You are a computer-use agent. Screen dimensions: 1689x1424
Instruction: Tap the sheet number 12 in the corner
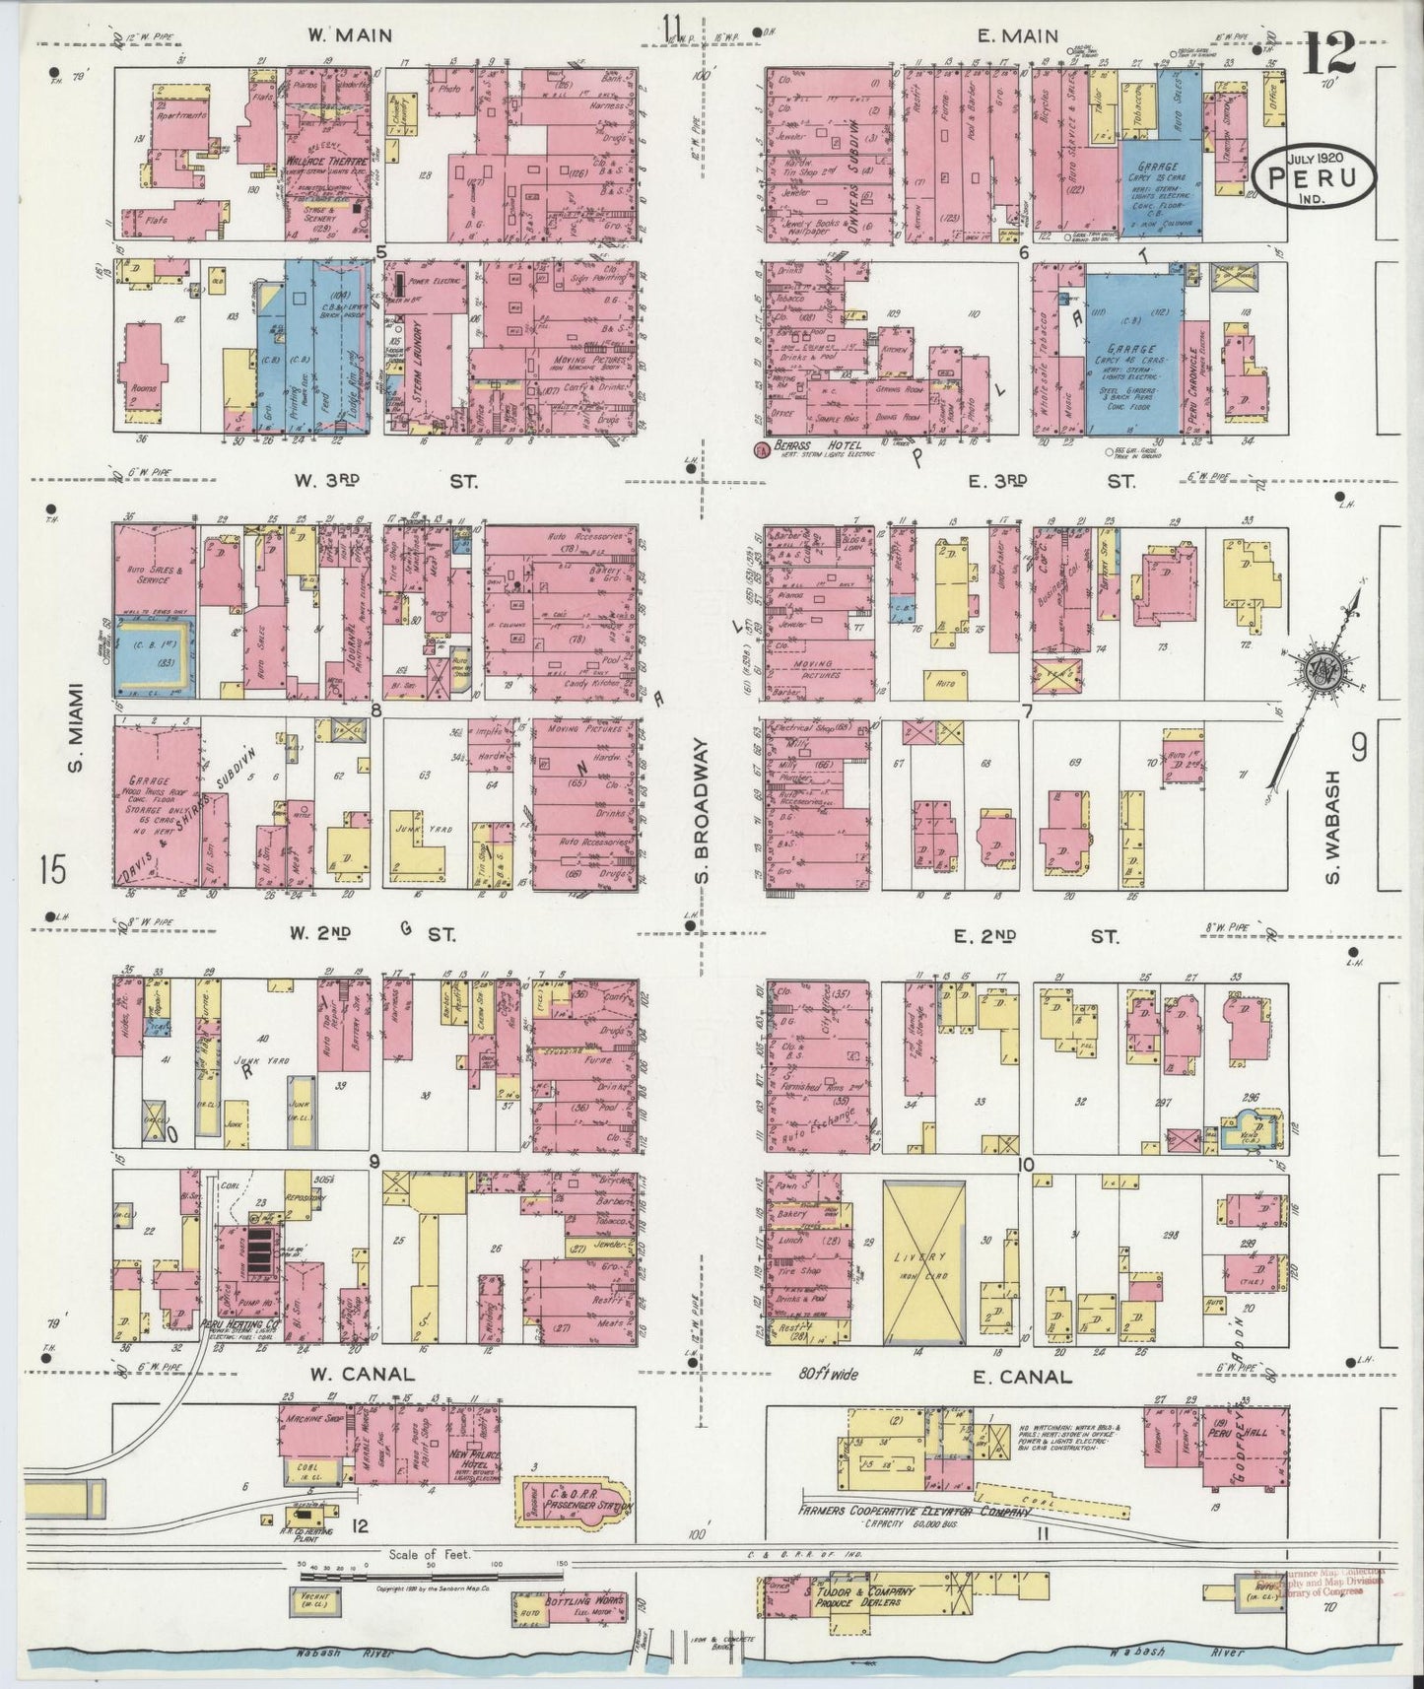coord(1328,49)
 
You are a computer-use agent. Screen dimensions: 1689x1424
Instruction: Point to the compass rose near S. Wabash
coord(1318,671)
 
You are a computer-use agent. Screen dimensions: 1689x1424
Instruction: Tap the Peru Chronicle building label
coord(1192,376)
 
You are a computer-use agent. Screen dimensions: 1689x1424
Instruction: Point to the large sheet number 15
coord(54,871)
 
